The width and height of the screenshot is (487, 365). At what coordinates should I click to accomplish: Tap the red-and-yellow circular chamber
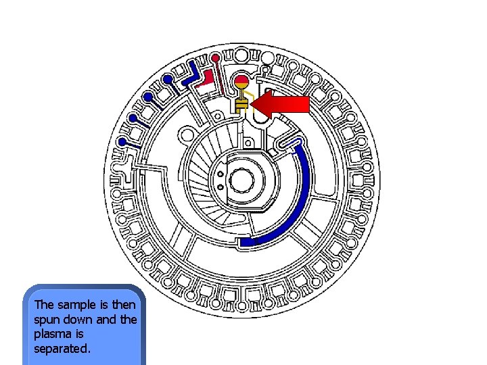click(x=241, y=84)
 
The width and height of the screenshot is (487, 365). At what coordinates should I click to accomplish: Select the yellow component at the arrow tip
click(x=241, y=104)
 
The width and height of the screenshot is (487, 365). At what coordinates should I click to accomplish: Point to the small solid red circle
click(x=215, y=56)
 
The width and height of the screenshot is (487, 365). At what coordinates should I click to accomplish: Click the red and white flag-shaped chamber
click(x=207, y=78)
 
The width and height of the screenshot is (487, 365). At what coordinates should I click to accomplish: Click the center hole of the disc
click(x=241, y=180)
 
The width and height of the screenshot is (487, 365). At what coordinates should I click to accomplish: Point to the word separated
click(x=61, y=349)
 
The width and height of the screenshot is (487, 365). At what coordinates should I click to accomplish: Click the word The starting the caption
click(x=44, y=304)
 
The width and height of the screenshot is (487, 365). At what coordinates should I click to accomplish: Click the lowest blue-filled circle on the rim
click(x=122, y=142)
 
